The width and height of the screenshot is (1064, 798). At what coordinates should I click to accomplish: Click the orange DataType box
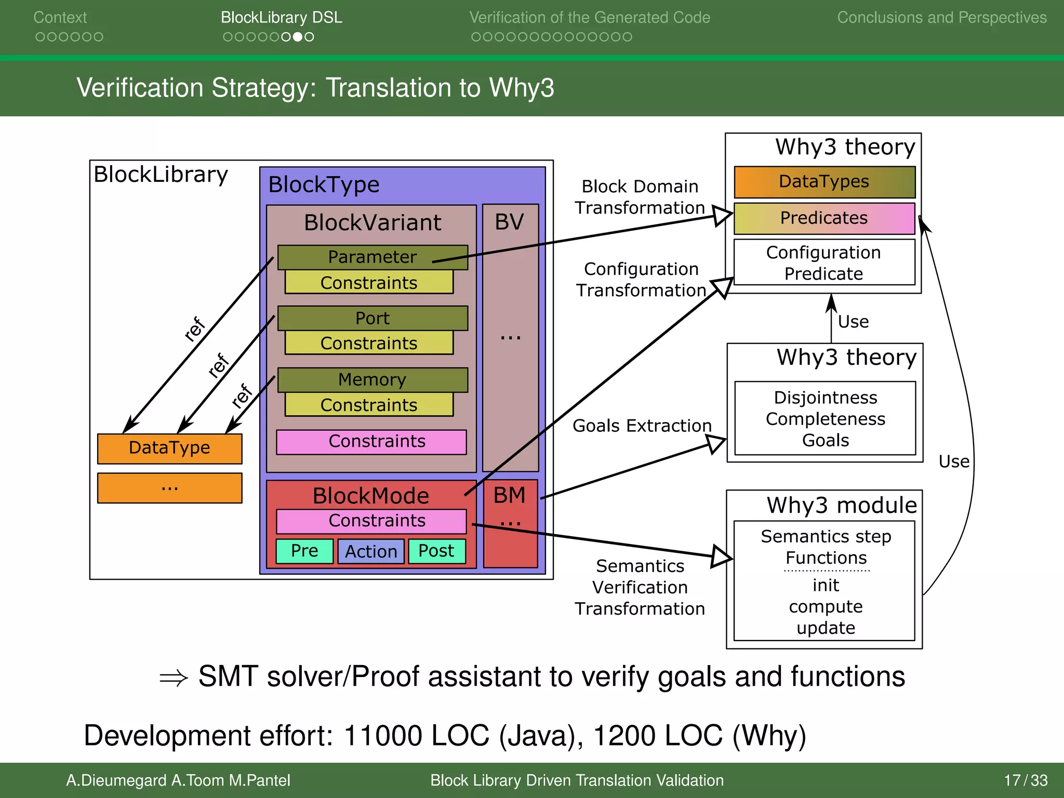click(169, 448)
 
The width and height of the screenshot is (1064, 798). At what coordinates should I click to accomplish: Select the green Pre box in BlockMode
click(304, 551)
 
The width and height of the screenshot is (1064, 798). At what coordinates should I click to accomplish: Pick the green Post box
click(436, 551)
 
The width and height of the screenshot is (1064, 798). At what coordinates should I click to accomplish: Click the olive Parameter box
click(372, 257)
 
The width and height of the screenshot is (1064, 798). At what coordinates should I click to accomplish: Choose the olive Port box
click(372, 318)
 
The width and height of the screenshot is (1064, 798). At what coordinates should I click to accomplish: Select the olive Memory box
click(372, 380)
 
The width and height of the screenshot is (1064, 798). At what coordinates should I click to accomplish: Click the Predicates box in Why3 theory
click(824, 218)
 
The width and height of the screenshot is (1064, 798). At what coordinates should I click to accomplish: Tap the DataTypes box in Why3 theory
click(824, 182)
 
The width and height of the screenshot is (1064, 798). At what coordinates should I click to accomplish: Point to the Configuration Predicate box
click(824, 263)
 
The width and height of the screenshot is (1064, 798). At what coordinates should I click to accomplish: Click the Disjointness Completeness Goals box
click(825, 419)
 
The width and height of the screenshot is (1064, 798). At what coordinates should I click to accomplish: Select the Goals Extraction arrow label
click(642, 426)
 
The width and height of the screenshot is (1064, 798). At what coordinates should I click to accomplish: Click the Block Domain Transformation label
click(640, 197)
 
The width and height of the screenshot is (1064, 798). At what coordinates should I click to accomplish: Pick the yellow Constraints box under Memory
click(369, 405)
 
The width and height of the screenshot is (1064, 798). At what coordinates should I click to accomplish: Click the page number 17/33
click(1026, 780)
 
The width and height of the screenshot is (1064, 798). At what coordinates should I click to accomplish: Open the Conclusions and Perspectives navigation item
click(941, 18)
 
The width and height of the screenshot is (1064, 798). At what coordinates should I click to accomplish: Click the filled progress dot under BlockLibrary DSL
click(298, 37)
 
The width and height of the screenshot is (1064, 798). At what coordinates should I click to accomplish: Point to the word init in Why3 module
click(826, 586)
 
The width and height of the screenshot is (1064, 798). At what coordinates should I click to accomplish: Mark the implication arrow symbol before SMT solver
click(174, 678)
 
